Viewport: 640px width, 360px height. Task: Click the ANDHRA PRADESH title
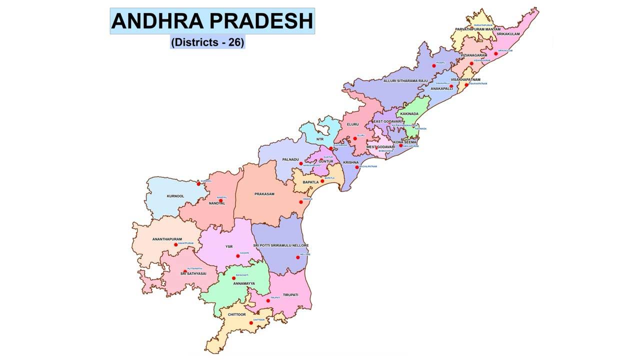pos(212,21)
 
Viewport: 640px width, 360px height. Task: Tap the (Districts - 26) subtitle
pos(207,42)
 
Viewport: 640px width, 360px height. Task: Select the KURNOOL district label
pos(175,196)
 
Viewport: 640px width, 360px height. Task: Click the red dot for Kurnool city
pos(198,184)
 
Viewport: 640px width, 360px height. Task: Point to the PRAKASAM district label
pos(264,194)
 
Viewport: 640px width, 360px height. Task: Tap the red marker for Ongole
pos(301,202)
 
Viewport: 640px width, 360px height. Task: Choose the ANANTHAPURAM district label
pos(167,239)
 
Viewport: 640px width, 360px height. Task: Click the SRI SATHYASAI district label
pos(193,273)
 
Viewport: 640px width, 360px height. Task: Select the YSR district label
pos(229,246)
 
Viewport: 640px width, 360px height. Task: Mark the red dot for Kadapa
pos(238,256)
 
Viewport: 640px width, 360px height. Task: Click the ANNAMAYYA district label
pos(244,283)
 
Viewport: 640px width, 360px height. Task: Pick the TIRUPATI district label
pos(290,295)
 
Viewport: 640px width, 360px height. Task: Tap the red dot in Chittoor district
pos(251,323)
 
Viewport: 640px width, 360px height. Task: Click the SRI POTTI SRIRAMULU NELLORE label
pos(280,245)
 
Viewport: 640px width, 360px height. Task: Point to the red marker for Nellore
pos(298,257)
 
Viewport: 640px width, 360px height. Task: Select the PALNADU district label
pos(290,159)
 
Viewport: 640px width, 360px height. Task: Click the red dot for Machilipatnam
pos(357,167)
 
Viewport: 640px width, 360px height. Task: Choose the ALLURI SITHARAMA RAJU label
pos(405,80)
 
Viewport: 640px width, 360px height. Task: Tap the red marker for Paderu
pos(434,66)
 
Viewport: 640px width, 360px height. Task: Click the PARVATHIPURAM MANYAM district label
pos(477,29)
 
